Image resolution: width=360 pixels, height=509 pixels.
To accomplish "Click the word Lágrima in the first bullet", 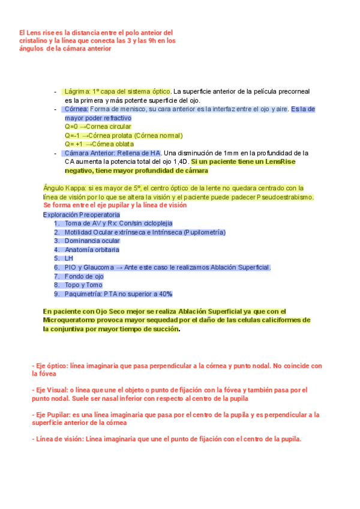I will (x=77, y=91).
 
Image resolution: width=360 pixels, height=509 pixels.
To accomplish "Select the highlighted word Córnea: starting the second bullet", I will (x=76, y=109).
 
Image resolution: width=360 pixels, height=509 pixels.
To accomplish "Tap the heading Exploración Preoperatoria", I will (x=81, y=214).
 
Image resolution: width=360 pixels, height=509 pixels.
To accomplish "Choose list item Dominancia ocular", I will (x=92, y=241).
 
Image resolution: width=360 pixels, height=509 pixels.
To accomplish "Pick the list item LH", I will (x=68, y=258).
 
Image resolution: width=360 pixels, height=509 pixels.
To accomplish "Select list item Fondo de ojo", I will (x=84, y=276).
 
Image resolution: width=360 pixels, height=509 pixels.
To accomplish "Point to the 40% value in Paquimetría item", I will (x=165, y=294).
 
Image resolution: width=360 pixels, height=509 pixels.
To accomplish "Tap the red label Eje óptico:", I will (x=50, y=365).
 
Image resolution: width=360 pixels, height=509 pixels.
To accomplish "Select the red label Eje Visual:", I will (x=50, y=390).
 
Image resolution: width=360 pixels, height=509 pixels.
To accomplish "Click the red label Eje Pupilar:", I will (x=52, y=414).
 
